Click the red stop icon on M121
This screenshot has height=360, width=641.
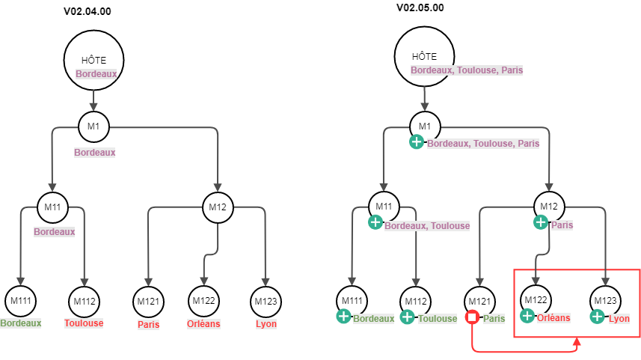[x=473, y=318]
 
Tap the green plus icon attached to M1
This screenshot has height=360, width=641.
[x=417, y=142]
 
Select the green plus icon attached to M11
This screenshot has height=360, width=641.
[x=375, y=222]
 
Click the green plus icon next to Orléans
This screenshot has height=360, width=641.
[x=527, y=316]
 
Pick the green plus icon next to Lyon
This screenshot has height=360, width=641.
[x=598, y=317]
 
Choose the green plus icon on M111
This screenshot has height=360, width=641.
[x=343, y=317]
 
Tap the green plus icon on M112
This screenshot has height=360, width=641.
[x=407, y=317]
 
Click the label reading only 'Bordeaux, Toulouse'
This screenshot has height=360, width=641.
[x=427, y=225]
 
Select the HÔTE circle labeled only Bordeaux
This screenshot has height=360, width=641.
[x=93, y=61]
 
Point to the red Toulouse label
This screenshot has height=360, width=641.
[x=84, y=323]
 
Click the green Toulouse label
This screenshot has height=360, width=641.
[x=438, y=319]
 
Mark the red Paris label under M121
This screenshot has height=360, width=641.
[x=149, y=325]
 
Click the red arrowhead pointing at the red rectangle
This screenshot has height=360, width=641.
[x=577, y=343]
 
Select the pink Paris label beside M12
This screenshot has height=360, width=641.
[x=562, y=225]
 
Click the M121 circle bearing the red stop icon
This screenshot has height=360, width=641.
[x=479, y=302]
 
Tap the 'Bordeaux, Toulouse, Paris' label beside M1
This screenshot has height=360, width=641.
[x=482, y=144]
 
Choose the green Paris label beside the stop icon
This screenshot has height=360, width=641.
[x=494, y=319]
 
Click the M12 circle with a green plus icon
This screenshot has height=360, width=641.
[x=549, y=207]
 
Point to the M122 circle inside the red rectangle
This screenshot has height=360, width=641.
[x=536, y=300]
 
